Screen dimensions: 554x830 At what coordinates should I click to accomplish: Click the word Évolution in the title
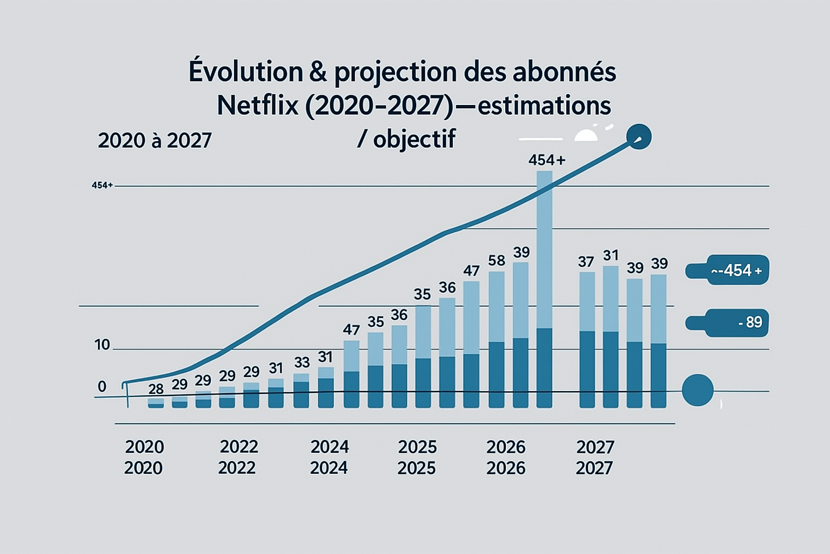[245, 72]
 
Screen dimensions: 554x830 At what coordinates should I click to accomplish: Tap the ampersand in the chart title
[318, 72]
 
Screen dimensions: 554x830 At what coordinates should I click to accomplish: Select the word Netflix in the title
[258, 105]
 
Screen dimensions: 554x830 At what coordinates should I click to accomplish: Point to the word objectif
[414, 140]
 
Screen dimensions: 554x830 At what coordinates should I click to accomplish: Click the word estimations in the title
[544, 105]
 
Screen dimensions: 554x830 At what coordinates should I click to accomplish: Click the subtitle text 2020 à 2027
[155, 141]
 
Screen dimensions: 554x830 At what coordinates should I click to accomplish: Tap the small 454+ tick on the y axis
[102, 186]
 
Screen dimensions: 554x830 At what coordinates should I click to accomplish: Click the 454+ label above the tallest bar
[546, 160]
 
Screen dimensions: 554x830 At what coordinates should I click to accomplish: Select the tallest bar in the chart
[544, 289]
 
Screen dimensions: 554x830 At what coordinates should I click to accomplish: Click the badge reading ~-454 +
[727, 270]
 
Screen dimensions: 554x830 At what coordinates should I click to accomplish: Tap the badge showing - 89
[727, 322]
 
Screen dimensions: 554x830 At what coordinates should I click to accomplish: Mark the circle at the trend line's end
[639, 137]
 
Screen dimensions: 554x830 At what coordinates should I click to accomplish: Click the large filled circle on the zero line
[698, 390]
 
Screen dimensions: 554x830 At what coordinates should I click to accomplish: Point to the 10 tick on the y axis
[102, 345]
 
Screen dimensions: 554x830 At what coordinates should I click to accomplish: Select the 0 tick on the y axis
[102, 387]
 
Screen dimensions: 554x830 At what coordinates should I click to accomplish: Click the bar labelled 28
[156, 403]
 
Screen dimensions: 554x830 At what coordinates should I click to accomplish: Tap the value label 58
[497, 261]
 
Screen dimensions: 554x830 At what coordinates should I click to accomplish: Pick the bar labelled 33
[302, 391]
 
